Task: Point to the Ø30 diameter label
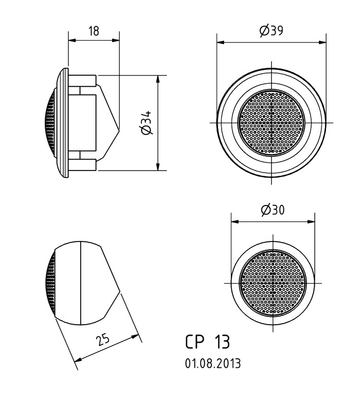273,210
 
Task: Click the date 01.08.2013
212,363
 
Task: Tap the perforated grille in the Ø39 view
272,123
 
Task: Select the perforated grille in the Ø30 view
272,283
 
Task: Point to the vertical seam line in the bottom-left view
81,283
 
